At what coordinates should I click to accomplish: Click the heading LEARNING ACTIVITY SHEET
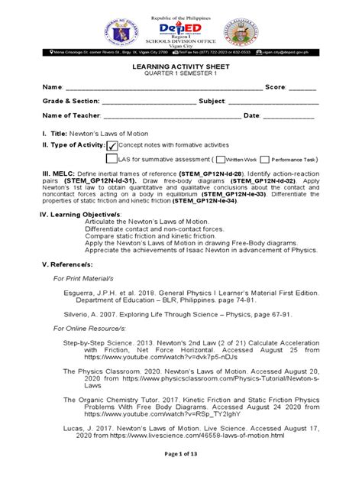181,67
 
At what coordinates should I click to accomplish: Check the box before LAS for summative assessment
111,160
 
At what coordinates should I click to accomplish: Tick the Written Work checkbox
220,160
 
